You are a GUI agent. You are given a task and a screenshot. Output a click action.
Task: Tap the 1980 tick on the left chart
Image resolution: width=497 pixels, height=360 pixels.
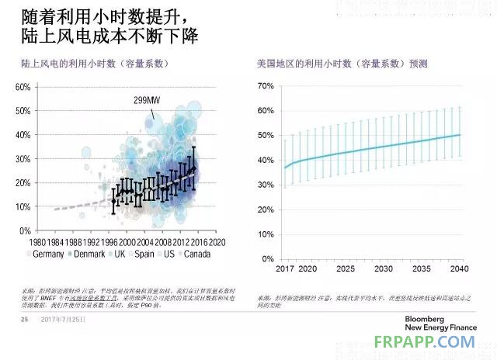pos(41,241)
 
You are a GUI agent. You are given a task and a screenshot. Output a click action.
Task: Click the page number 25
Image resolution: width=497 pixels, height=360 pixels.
pos(23,320)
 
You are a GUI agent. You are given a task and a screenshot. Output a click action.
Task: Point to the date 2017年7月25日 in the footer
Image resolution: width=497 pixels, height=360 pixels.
pos(64,320)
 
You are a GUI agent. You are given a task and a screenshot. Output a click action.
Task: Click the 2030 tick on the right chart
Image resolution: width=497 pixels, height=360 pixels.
pos(383,268)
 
